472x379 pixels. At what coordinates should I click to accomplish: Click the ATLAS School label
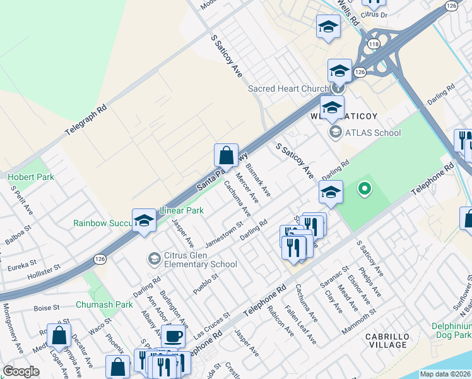point(372,132)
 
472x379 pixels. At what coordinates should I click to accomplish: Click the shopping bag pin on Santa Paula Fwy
point(226,155)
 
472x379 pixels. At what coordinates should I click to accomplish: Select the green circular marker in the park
point(363,188)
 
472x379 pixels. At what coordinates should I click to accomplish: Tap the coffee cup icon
point(174,335)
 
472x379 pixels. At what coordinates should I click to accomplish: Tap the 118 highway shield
point(373,44)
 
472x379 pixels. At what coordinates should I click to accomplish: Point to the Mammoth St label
point(358,322)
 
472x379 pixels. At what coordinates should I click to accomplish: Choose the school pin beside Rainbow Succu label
point(144,220)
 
